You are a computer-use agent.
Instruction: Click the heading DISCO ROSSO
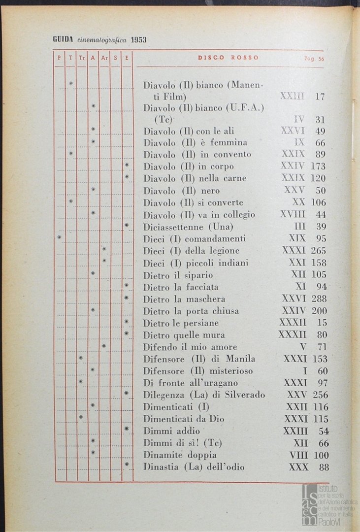[x=228, y=58]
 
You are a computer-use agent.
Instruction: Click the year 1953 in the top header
[x=138, y=40]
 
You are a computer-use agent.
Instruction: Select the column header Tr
[x=82, y=58]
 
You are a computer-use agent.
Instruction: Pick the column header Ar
[x=104, y=58]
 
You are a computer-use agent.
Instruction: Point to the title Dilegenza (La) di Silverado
[x=204, y=395]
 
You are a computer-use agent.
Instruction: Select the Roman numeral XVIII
[x=293, y=215]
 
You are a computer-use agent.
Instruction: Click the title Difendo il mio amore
[x=190, y=347]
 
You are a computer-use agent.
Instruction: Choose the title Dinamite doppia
[x=180, y=455]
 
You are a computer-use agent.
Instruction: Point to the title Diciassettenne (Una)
[x=188, y=227]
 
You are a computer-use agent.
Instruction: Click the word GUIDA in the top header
[x=63, y=40]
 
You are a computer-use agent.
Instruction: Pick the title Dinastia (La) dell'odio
[x=194, y=467]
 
